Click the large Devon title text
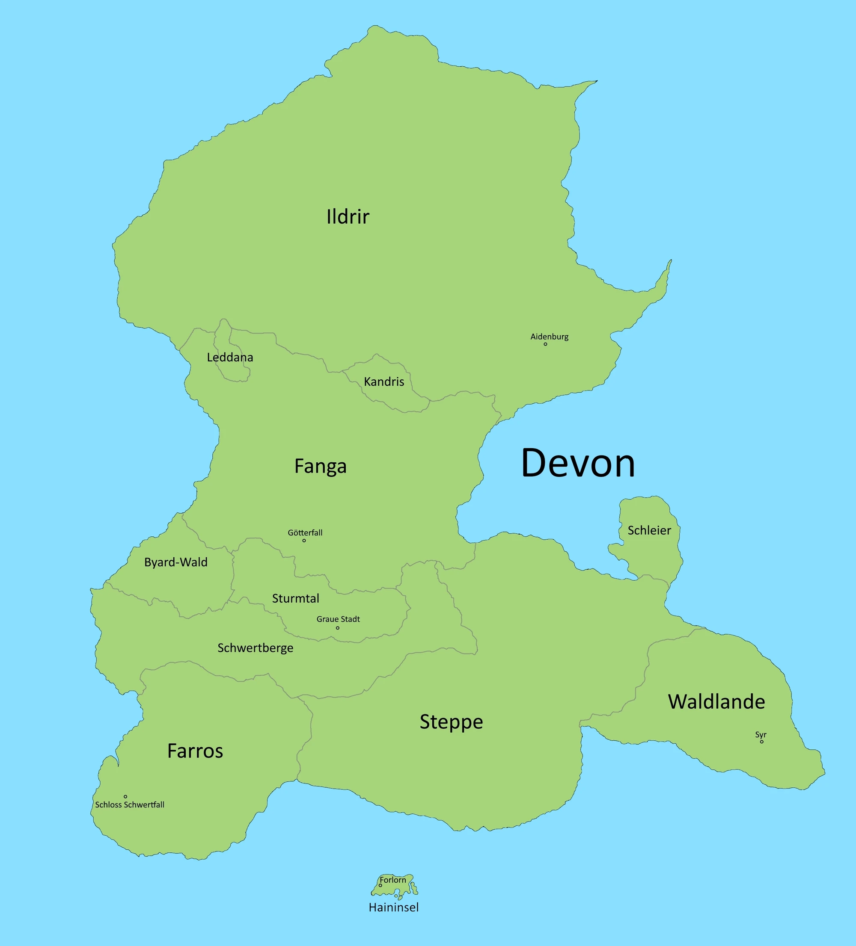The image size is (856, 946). [x=578, y=463]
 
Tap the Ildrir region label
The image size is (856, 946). [x=348, y=217]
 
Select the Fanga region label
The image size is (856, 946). [x=320, y=466]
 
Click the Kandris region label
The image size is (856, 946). [x=383, y=381]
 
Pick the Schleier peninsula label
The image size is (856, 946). [x=649, y=530]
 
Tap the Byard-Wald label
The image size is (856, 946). [x=175, y=562]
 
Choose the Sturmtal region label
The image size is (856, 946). [x=295, y=598]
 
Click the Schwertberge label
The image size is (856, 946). [x=255, y=648]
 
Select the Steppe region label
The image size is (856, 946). [x=451, y=722]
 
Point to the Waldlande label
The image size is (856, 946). [x=716, y=701]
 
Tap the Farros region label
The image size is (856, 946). [x=195, y=751]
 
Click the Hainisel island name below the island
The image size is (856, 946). [x=393, y=908]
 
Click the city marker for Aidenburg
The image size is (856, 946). [x=545, y=344]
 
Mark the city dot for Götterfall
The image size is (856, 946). [x=304, y=541]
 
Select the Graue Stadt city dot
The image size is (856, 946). [x=338, y=628]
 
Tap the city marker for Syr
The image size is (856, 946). [x=761, y=742]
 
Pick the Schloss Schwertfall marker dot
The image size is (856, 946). [x=125, y=796]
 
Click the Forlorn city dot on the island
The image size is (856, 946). [x=380, y=885]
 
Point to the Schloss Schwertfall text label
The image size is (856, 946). [x=130, y=805]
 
